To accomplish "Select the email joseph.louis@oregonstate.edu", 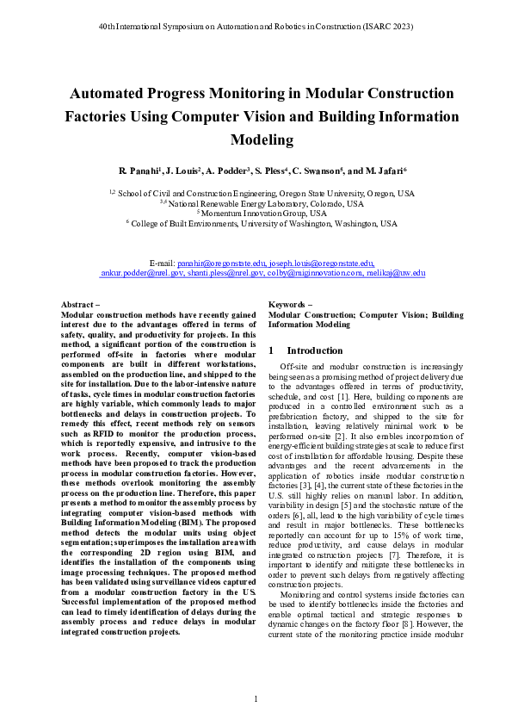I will (321, 262).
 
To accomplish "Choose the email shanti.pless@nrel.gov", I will (222, 272).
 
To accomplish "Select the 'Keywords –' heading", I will (291, 305).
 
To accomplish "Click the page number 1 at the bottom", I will (256, 697).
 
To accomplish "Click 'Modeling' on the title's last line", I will (256, 139).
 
